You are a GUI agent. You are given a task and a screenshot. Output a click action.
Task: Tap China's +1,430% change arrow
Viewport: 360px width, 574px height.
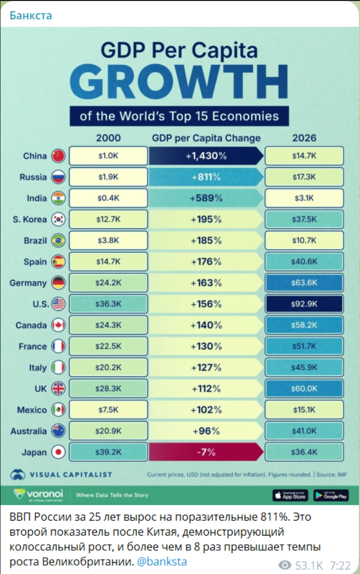click(206, 156)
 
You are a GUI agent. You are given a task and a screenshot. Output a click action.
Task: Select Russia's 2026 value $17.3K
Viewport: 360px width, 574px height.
click(304, 177)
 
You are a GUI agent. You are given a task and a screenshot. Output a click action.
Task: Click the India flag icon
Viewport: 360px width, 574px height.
click(58, 198)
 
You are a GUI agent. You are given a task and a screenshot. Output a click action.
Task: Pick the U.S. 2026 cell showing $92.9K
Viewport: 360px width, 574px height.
click(304, 304)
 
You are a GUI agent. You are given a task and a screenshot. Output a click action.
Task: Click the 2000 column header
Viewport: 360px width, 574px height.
click(108, 138)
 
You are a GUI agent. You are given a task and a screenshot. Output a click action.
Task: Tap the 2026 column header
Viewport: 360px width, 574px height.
click(304, 138)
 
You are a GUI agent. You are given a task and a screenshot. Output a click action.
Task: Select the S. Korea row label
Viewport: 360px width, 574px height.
click(30, 220)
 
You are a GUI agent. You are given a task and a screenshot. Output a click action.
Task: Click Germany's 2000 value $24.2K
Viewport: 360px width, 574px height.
click(108, 283)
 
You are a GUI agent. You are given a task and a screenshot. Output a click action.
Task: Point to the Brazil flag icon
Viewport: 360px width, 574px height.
click(58, 241)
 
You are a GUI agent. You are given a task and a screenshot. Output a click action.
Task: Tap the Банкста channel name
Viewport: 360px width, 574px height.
click(31, 15)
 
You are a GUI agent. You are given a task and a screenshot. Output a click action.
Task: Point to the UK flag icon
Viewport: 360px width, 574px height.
click(58, 389)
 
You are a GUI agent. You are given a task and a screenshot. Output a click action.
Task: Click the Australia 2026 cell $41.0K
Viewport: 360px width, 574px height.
click(304, 431)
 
